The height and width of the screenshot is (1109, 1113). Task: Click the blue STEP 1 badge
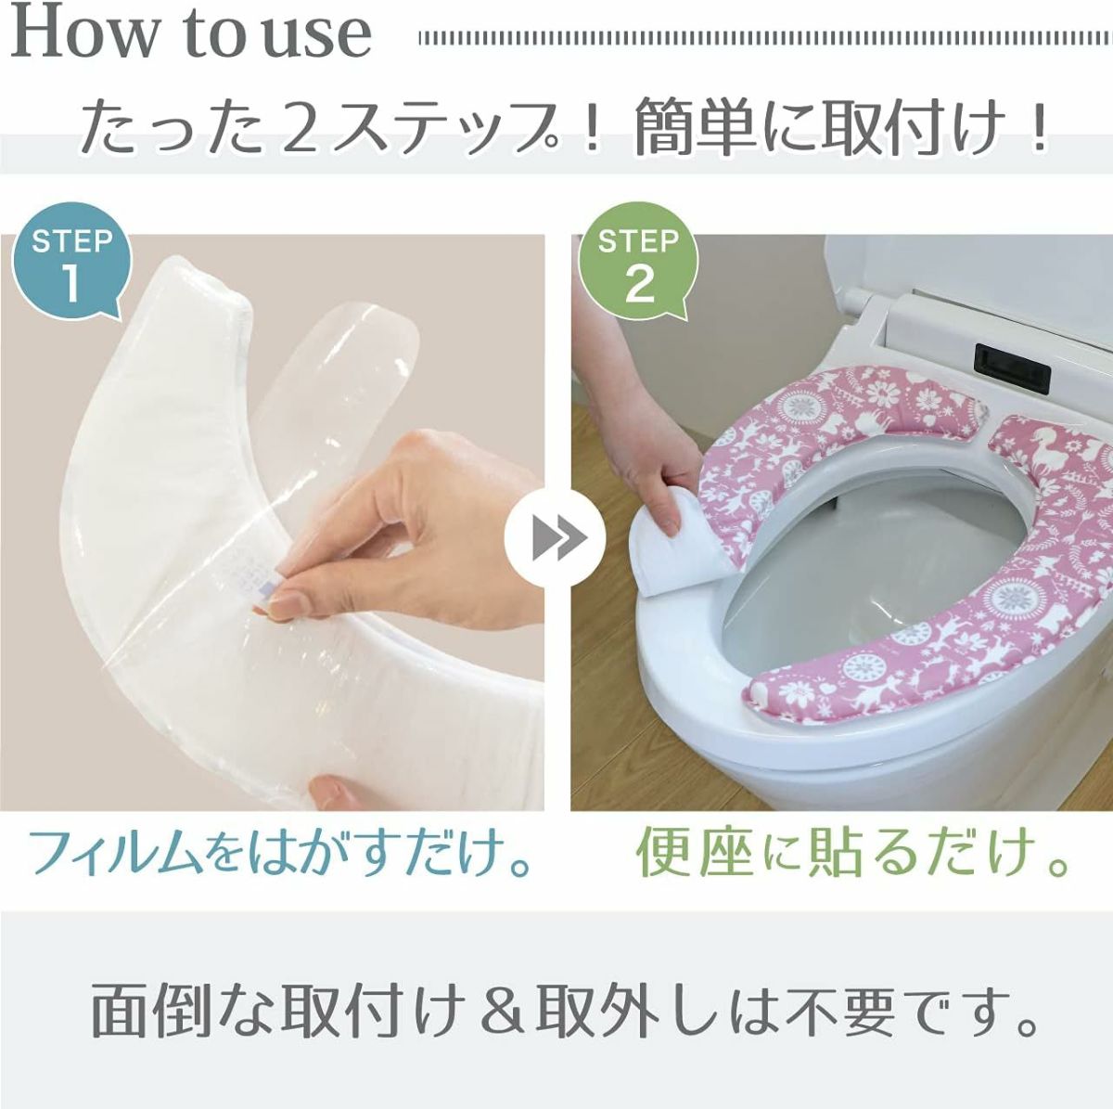pos(70,261)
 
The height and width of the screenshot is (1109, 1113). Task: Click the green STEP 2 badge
pos(637,261)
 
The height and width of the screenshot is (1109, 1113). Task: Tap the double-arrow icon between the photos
pos(555,538)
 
